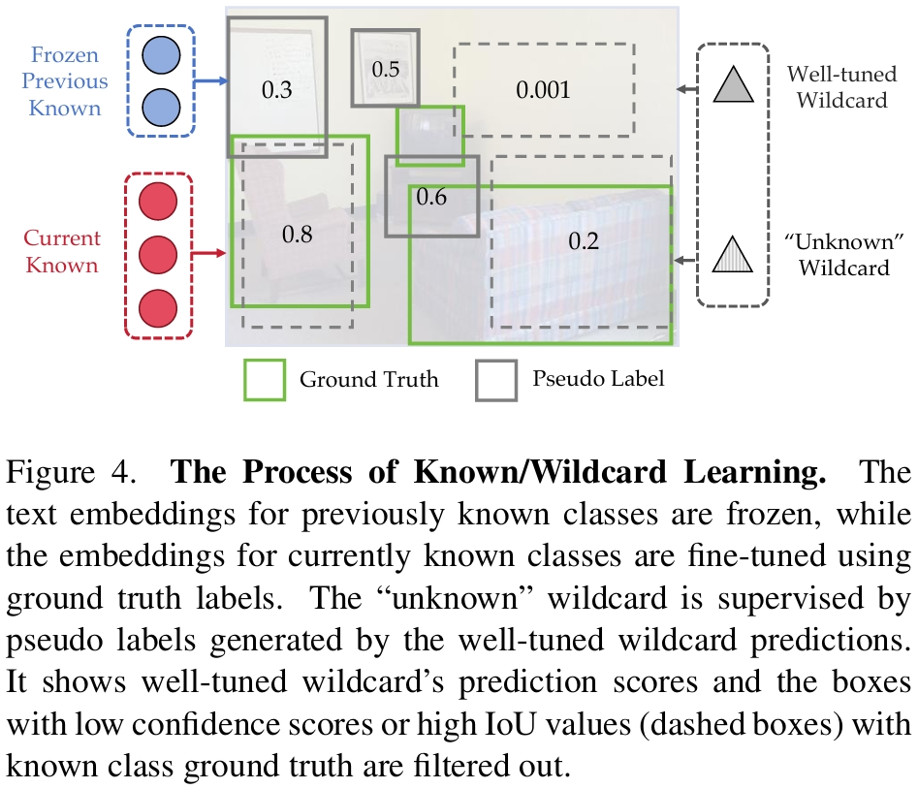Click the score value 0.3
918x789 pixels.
coord(277,90)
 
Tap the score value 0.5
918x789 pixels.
coord(386,70)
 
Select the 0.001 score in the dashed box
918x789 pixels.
coord(543,90)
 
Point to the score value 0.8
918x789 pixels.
coord(298,234)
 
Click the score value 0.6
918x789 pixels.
coord(431,197)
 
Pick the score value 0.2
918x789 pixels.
coord(584,241)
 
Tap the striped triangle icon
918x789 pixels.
coord(733,256)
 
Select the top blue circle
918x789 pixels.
coord(159,57)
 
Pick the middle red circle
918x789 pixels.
coord(159,255)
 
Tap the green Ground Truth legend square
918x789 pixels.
coord(264,379)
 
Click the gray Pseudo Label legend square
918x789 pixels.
coord(496,379)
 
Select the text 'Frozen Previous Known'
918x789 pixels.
coord(64,81)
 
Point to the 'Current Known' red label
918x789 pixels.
coord(62,251)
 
